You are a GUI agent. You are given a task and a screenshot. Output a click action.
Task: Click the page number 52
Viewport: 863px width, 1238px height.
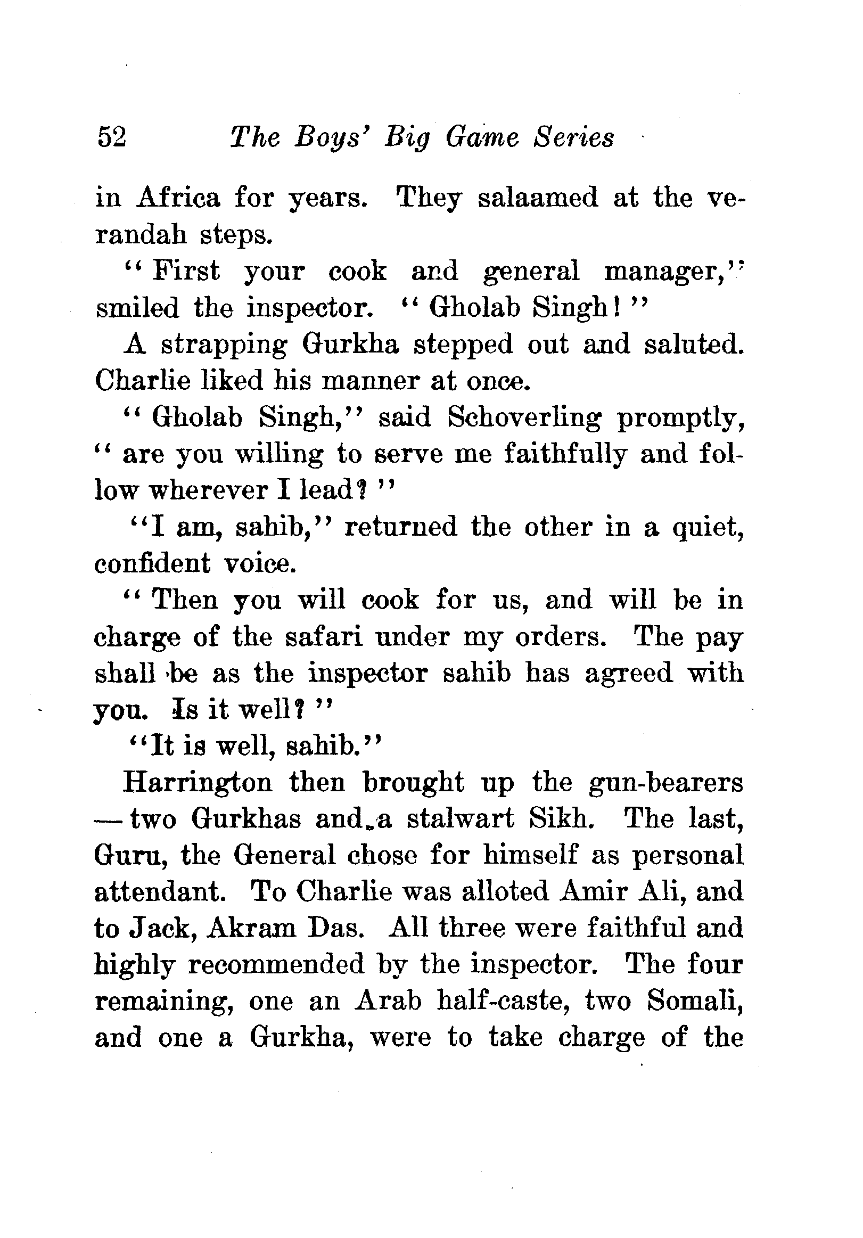click(112, 137)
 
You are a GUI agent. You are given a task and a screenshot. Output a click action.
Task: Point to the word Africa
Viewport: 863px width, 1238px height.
click(178, 198)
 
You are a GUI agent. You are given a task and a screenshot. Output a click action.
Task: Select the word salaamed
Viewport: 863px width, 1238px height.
click(537, 198)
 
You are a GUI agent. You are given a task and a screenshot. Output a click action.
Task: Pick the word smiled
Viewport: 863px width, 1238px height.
click(137, 308)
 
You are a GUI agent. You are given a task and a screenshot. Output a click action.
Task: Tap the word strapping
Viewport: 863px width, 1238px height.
click(224, 346)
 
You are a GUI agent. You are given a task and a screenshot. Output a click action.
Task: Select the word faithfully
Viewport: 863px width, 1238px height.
click(565, 455)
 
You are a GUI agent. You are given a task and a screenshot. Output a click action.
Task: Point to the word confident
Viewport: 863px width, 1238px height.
click(152, 564)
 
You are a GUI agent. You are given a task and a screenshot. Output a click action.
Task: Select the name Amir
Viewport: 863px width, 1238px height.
click(594, 892)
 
